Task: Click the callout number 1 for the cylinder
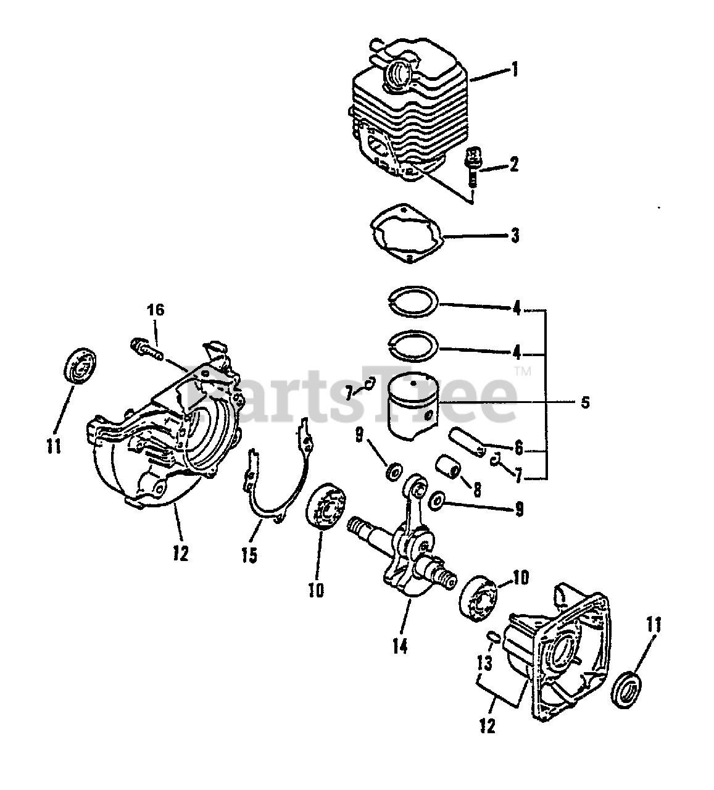pos(514,69)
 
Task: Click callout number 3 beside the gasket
pos(514,235)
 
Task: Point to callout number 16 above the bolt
pos(156,310)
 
